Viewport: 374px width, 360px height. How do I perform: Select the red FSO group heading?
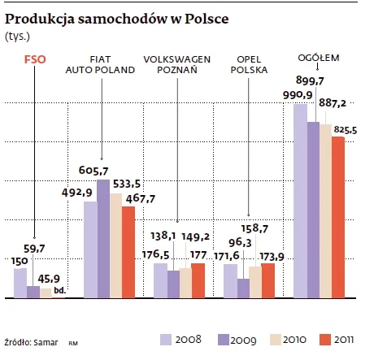35,59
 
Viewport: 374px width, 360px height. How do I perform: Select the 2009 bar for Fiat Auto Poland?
102,239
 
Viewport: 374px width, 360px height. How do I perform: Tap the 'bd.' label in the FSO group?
59,290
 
